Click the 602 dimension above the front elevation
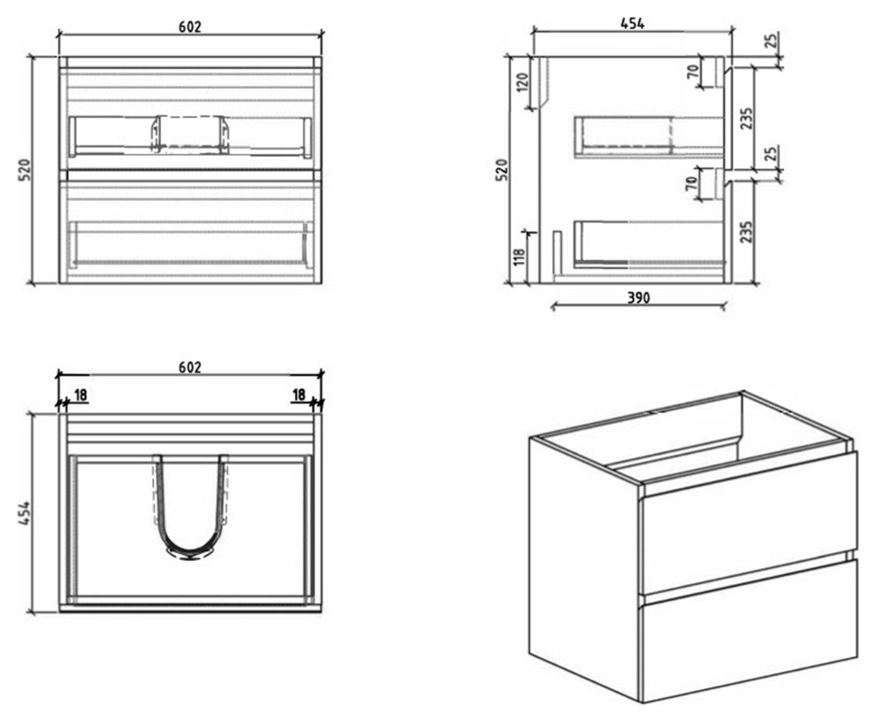point(189,27)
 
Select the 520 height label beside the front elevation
point(24,170)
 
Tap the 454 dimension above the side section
point(632,24)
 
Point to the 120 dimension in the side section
point(522,83)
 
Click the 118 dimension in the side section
point(520,256)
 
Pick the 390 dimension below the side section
point(638,298)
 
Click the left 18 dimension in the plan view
point(80,395)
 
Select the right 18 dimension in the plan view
point(298,395)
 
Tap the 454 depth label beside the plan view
point(24,512)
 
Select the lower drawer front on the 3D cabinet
point(748,630)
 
